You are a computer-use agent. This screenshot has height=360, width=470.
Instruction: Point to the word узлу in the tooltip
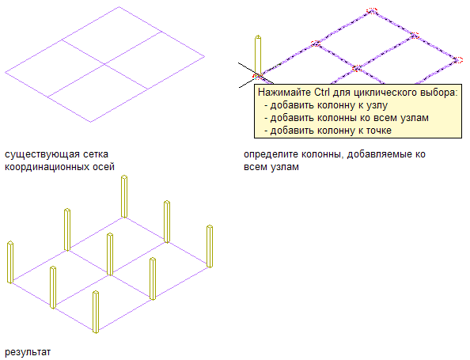[x=378, y=105]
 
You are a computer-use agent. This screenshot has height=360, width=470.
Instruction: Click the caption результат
[x=28, y=352]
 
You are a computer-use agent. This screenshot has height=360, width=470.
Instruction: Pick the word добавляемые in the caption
[x=380, y=154]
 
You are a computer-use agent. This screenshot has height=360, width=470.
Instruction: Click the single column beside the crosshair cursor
[x=258, y=55]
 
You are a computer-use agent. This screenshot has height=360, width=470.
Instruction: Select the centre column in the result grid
[x=110, y=254]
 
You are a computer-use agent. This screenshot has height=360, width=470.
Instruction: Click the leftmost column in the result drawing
[x=10, y=262]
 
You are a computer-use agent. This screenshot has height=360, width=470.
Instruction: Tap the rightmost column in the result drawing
[x=210, y=246]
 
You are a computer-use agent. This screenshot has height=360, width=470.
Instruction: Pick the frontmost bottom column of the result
[x=96, y=312]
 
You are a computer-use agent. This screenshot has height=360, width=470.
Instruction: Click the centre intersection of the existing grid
[x=105, y=64]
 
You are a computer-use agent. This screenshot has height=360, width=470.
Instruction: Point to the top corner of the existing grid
[x=119, y=6]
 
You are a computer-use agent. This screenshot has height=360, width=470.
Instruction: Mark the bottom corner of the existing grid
[x=91, y=122]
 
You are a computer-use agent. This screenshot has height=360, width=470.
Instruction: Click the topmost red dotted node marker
[x=372, y=11]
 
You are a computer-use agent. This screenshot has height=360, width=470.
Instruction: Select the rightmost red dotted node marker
[x=458, y=60]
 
